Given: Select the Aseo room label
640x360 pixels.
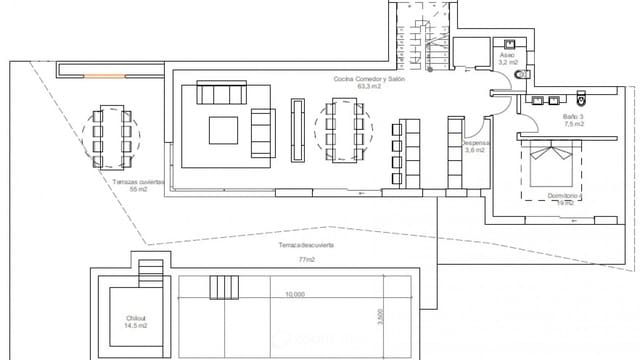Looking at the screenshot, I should pos(509,56).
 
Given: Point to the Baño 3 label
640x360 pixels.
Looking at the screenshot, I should pos(573,116).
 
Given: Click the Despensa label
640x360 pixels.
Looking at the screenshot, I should pos(475,143).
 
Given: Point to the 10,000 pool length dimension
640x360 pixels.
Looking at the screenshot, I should pos(294,295).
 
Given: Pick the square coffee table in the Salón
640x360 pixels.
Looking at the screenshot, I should pos(222,130).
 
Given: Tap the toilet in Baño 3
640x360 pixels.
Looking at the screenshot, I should pos(583,98).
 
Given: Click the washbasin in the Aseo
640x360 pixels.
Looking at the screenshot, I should pos(510,44).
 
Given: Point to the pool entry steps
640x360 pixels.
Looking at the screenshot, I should pos(220,287).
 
